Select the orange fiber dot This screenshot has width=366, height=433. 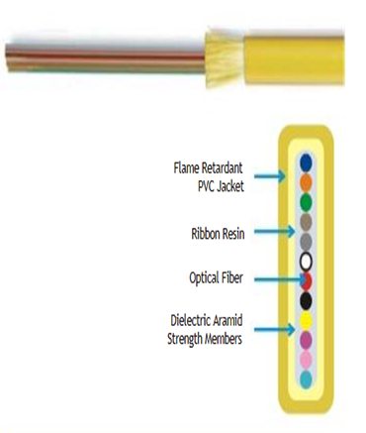pyautogui.click(x=306, y=182)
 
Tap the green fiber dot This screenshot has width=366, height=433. pyautogui.click(x=306, y=202)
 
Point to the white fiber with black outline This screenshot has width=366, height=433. pyautogui.click(x=306, y=262)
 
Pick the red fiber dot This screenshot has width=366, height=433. pyautogui.click(x=306, y=280)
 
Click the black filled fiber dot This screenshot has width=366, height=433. pyautogui.click(x=306, y=300)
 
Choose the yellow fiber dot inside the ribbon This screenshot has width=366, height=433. pyautogui.click(x=306, y=320)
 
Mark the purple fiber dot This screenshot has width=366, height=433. pyautogui.click(x=306, y=340)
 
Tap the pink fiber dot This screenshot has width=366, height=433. pyautogui.click(x=306, y=359)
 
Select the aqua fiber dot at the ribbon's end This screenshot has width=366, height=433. pyautogui.click(x=306, y=379)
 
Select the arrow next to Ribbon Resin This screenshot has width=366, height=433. pyautogui.click(x=271, y=235)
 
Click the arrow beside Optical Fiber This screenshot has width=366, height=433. pyautogui.click(x=268, y=277)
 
